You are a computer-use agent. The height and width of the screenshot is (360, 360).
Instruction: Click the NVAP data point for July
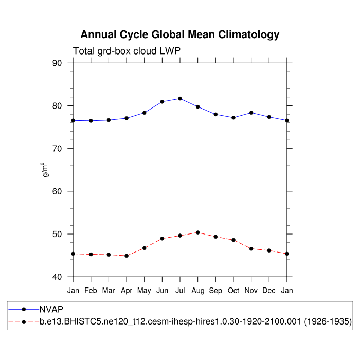click(x=180, y=98)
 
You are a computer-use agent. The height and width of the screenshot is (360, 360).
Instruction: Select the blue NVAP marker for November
click(x=251, y=113)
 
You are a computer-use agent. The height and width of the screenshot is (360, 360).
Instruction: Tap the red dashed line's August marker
click(x=198, y=232)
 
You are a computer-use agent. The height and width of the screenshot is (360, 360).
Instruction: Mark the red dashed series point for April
click(x=127, y=256)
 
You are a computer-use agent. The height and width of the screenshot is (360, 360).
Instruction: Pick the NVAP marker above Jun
click(x=163, y=102)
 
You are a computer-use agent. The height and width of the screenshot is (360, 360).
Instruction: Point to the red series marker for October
click(x=233, y=240)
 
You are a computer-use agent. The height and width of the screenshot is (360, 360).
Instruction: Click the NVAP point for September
click(x=215, y=114)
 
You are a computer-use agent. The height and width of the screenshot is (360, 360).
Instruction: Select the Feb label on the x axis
click(x=91, y=291)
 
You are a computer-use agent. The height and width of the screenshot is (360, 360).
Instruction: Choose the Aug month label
click(x=198, y=291)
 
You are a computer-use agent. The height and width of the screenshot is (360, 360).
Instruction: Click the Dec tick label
click(x=269, y=291)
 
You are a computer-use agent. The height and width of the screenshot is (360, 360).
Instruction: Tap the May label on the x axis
click(x=145, y=291)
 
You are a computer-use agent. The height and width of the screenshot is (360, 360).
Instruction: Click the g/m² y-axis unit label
click(x=46, y=169)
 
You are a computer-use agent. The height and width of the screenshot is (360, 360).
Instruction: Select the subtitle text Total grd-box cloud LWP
click(x=127, y=51)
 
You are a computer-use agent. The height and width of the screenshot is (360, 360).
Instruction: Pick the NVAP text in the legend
click(x=51, y=309)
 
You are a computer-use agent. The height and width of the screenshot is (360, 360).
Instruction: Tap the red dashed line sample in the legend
click(x=24, y=322)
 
